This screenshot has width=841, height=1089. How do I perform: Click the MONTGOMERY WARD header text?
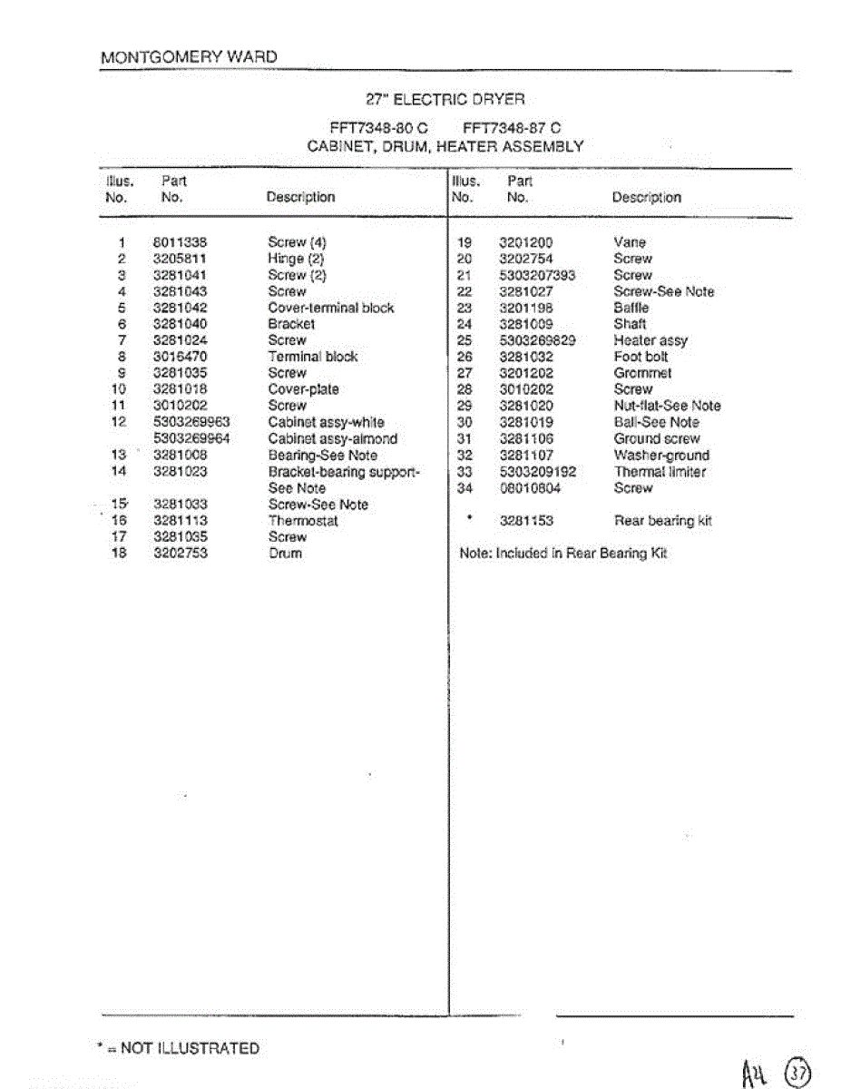coord(189,57)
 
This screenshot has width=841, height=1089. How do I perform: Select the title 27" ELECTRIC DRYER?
coord(445,99)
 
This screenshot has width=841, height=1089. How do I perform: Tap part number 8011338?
coord(181,242)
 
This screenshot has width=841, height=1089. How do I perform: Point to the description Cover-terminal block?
coord(331,308)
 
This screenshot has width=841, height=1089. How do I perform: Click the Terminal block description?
coord(313,357)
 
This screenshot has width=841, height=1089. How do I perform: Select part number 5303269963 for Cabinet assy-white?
coord(192,422)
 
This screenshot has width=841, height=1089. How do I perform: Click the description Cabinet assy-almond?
coord(332,438)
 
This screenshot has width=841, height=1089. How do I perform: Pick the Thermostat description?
coord(303,521)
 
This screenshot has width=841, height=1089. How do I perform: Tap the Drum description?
coord(285,554)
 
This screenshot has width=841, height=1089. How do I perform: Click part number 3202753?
coord(181,554)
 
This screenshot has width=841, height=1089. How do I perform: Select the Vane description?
coord(630,242)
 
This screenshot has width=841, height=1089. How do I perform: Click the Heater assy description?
coord(650,340)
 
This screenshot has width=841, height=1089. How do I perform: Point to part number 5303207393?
coord(537,275)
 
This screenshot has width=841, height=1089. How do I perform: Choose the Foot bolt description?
coord(641,357)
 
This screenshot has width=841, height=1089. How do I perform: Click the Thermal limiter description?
coord(660,472)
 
